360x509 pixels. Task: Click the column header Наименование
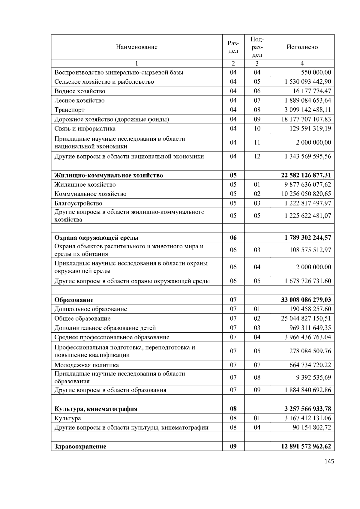(136, 47)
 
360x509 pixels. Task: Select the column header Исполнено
(302, 47)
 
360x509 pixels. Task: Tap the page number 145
(329, 462)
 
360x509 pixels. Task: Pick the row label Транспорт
(69, 110)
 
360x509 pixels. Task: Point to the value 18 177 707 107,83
(306, 119)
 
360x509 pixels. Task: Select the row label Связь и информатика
(85, 129)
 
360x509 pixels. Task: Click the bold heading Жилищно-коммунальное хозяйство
(109, 175)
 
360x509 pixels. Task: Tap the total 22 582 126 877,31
(306, 175)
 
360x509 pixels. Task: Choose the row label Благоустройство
(78, 203)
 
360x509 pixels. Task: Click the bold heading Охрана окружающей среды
(96, 238)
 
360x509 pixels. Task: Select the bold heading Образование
(74, 300)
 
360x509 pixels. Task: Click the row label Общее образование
(82, 319)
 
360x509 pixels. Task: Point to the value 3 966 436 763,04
(307, 337)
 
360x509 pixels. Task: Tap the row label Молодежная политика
(86, 365)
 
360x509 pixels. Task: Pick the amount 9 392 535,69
(313, 377)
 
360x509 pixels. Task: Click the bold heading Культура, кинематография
(96, 409)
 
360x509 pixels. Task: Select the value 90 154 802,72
(312, 427)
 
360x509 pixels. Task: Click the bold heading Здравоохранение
(80, 446)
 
